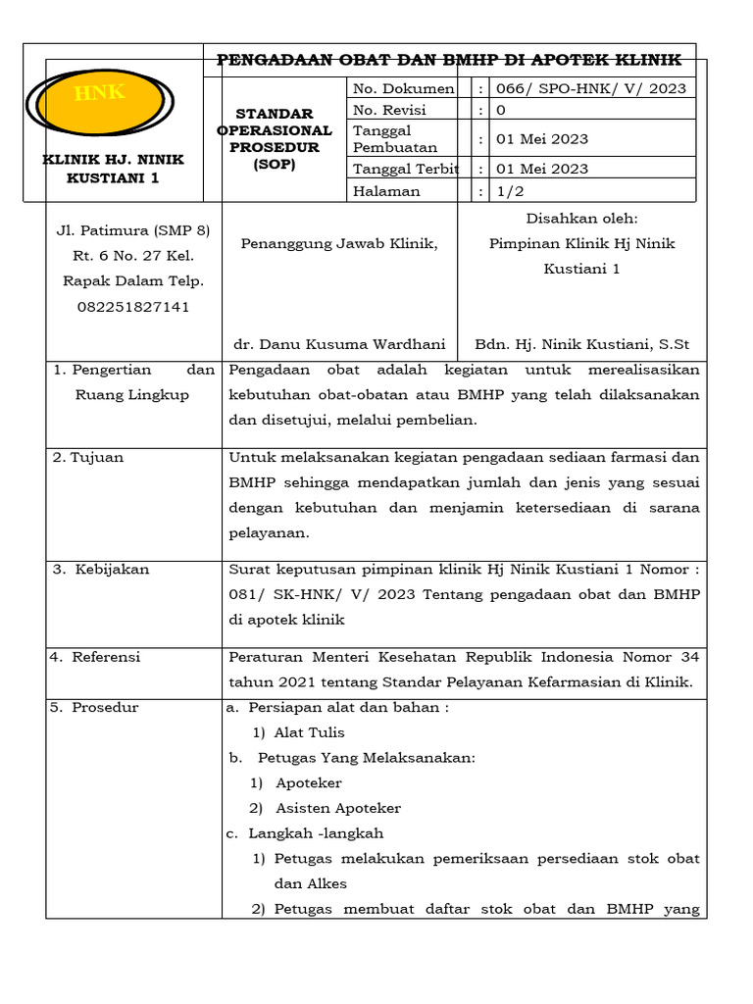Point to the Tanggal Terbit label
tap(402, 169)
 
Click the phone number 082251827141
tap(133, 307)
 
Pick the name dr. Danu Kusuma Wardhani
tap(339, 344)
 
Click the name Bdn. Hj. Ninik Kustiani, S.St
tap(581, 344)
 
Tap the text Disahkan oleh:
tap(581, 218)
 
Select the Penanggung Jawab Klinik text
tap(339, 243)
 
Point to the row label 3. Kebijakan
tap(101, 569)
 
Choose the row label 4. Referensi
tap(97, 657)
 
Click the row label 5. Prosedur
tap(95, 707)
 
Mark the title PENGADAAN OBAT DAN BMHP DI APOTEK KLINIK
tap(449, 60)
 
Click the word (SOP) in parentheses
tap(274, 165)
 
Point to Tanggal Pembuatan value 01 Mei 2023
tap(542, 138)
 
